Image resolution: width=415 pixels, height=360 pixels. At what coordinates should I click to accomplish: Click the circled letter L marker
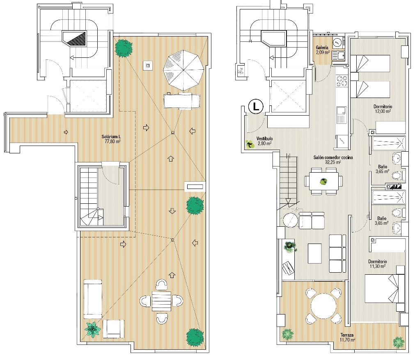click(256, 107)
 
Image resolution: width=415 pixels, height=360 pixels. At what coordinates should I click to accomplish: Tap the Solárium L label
click(111, 139)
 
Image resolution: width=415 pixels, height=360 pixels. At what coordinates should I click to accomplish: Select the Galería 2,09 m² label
click(322, 50)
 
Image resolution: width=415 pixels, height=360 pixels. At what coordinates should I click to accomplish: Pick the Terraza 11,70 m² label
click(347, 337)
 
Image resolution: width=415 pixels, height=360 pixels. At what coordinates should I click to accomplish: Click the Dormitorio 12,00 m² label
click(383, 109)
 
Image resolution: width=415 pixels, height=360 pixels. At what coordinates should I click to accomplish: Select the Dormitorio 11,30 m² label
click(377, 264)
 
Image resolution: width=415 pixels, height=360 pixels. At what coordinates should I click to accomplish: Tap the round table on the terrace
click(323, 306)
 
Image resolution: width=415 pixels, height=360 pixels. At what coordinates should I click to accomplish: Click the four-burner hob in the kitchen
click(342, 81)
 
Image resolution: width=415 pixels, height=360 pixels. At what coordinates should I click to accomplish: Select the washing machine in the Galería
click(337, 42)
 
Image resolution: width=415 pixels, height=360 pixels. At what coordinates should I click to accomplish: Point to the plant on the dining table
click(323, 181)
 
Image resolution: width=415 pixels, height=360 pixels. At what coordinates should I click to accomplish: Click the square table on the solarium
click(161, 301)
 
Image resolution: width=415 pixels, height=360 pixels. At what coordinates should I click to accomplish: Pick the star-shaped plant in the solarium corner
click(92, 330)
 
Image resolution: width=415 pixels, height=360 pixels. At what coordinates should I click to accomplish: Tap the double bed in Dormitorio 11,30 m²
click(385, 289)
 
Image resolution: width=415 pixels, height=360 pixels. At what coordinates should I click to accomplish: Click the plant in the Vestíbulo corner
click(249, 144)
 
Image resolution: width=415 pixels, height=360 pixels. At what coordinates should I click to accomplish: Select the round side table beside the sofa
click(290, 220)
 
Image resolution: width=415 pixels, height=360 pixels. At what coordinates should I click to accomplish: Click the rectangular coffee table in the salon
click(315, 253)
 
